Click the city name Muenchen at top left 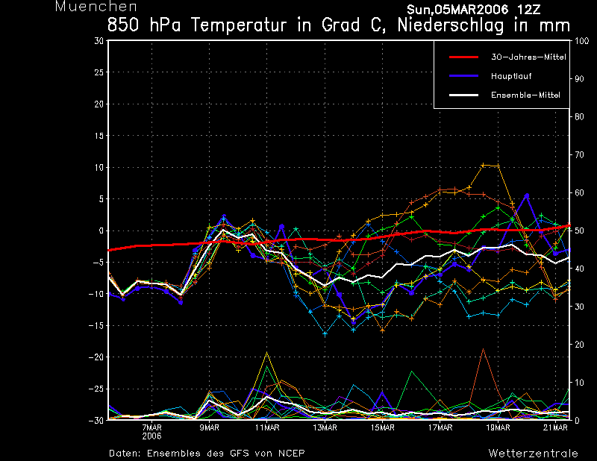coord(96,7)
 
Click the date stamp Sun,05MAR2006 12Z coord(474,10)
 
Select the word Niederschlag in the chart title coord(451,25)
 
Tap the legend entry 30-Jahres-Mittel coord(528,57)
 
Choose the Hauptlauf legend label coord(511,76)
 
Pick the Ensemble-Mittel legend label coord(525,95)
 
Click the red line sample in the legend coord(463,57)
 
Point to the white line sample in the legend coord(463,95)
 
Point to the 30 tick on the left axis coord(99,40)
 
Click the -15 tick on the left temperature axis coord(96,325)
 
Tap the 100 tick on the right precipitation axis coord(581,41)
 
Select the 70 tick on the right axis coord(579,154)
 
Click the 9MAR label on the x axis coord(210,427)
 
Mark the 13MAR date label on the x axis coord(325,427)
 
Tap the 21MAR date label coord(555,427)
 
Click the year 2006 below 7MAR coord(152,436)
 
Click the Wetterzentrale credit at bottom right coord(533,454)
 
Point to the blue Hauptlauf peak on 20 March coord(527,195)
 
